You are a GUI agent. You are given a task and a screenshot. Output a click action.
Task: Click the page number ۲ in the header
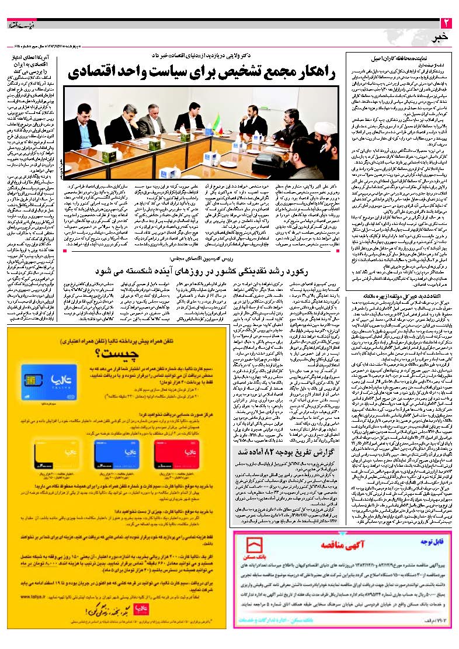(x=446, y=24)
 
